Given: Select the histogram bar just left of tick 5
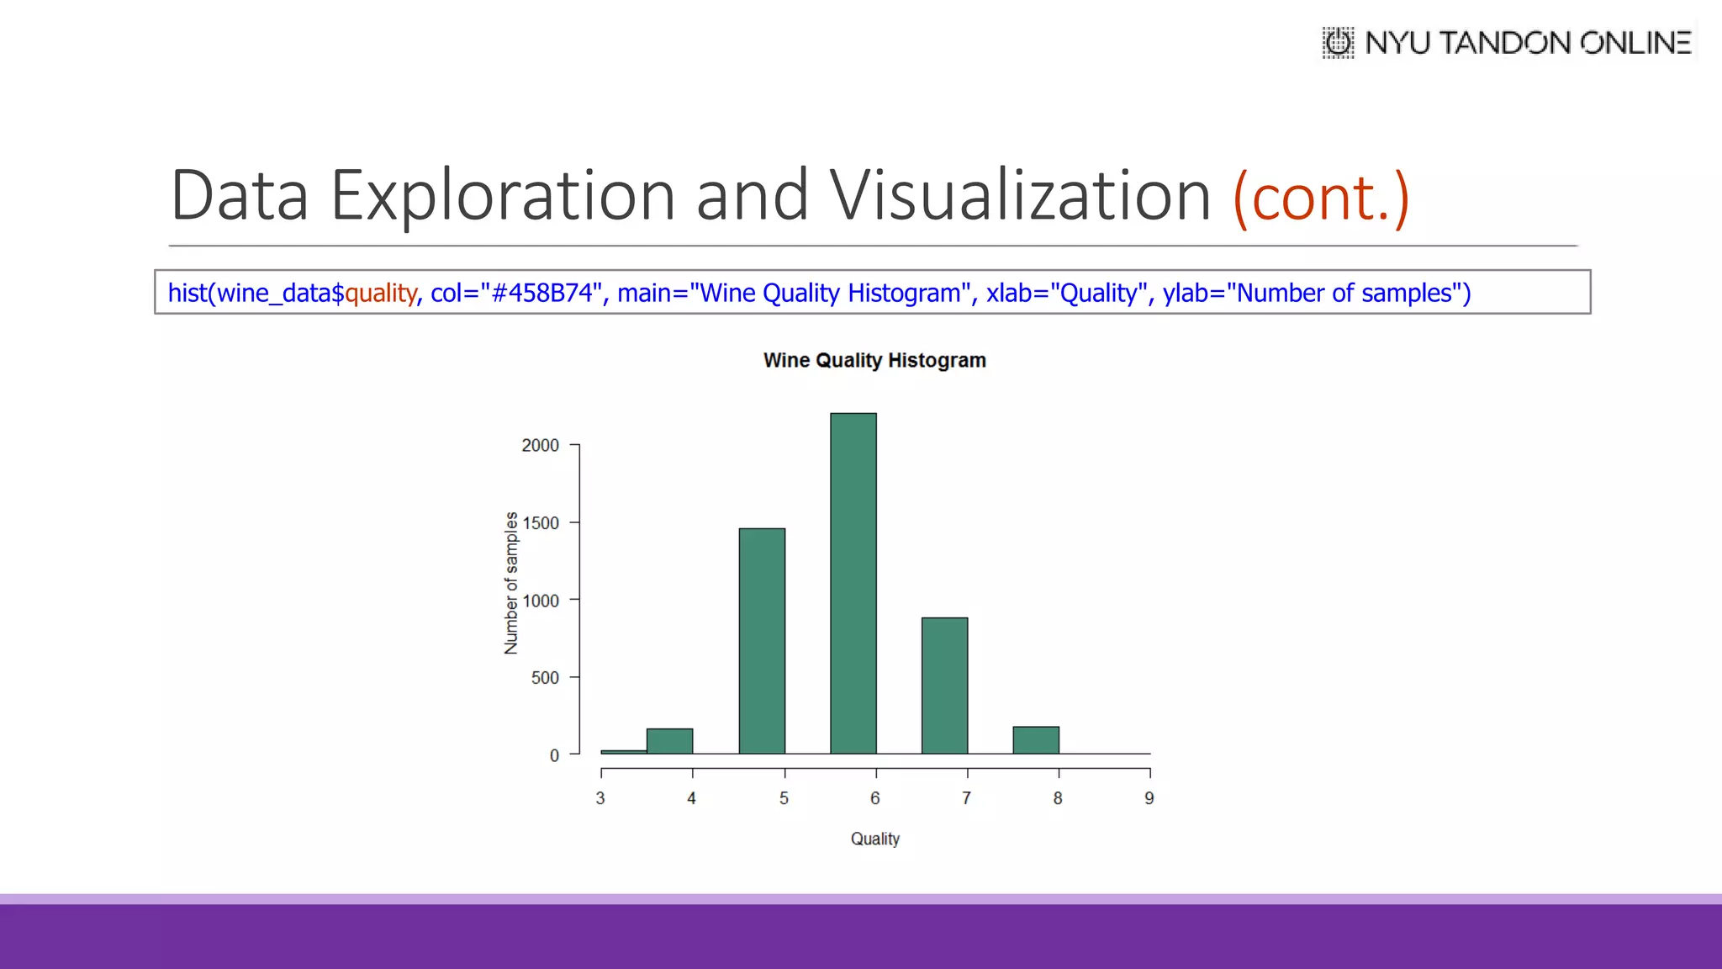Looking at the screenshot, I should [x=762, y=641].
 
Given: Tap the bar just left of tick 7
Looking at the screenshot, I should [x=944, y=686].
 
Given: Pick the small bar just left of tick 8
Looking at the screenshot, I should [x=1036, y=740].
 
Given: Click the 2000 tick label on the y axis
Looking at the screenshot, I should [x=540, y=445].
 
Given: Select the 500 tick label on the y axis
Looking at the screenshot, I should [x=545, y=678].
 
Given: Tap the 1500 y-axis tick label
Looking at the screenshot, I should [x=540, y=523].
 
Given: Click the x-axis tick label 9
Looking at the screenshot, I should [x=1149, y=798].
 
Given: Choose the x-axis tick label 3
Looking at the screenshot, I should [x=600, y=798].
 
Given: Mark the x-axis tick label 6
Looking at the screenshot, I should [x=874, y=798].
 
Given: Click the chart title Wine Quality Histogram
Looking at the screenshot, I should [x=874, y=360].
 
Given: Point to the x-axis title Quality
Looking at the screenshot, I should [x=874, y=839].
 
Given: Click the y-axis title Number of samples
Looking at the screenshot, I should [x=511, y=583].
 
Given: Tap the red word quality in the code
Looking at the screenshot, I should [x=380, y=293].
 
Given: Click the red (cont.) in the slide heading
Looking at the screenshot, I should [x=1320, y=197].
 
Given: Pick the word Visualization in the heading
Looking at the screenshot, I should [x=1020, y=195].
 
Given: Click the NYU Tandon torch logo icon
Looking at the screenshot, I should [x=1338, y=42].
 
